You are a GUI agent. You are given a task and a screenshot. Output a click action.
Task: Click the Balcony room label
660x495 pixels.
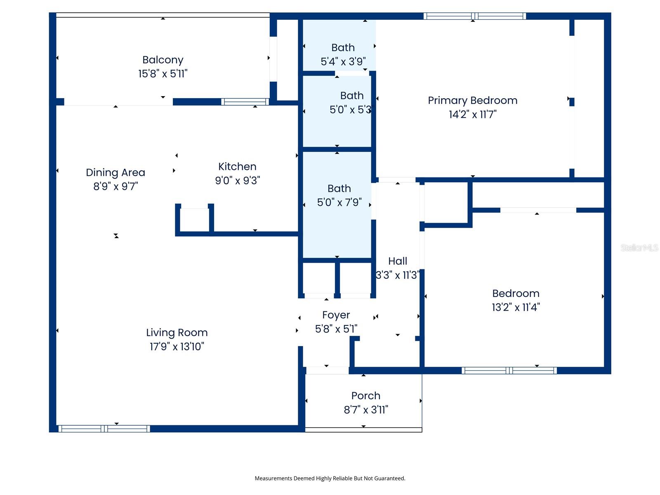point(163,60)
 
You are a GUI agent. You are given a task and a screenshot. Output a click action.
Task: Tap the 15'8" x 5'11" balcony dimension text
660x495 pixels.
point(163,74)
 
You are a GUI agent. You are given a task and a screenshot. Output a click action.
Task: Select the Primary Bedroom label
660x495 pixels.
point(472,100)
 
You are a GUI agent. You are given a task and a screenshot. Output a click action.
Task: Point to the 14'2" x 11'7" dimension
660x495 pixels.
point(472,114)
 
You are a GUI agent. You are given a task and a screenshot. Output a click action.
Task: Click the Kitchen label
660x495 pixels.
point(237,166)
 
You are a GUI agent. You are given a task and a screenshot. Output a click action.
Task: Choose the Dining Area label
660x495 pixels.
point(115,172)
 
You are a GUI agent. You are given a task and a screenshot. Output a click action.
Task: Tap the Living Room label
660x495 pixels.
point(177,332)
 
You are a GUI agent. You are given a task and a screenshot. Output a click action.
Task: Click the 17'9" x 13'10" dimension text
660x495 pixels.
point(177,346)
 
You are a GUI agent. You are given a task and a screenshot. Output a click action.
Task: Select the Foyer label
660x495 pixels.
point(336,315)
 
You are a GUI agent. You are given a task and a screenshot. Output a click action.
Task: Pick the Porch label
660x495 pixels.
point(365,396)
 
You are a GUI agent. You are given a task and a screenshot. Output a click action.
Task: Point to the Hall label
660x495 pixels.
point(397,261)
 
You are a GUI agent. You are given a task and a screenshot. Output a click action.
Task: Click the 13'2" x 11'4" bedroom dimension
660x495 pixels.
point(516,307)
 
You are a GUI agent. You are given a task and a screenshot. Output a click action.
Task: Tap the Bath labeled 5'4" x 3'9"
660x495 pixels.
point(343,47)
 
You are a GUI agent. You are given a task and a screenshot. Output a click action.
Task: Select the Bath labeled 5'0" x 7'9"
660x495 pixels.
point(339,189)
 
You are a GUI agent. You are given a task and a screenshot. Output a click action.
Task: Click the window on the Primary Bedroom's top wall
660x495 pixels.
point(474,16)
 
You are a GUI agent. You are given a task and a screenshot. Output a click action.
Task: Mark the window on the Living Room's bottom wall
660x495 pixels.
point(104,429)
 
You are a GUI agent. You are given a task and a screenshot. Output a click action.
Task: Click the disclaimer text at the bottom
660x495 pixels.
point(330,478)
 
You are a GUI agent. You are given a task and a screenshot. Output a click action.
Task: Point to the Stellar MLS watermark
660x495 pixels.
point(639,247)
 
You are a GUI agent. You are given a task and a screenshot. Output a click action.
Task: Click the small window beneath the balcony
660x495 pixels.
point(245,101)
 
